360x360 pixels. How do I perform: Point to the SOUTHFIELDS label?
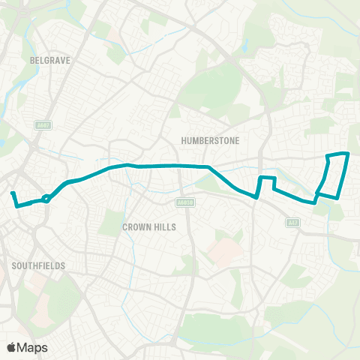39,265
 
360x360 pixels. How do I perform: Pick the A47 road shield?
293,222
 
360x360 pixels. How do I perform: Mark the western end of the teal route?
12,193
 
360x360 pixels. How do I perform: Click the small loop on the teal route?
46,199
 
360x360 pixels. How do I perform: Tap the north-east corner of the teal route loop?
348,154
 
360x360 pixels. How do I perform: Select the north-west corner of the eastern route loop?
327,155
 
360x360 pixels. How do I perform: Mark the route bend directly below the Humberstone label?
208,166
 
